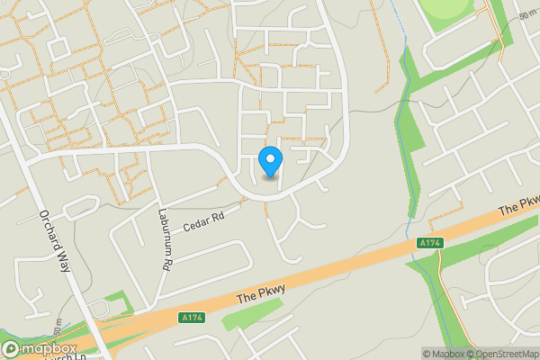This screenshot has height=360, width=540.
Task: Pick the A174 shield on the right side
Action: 430,243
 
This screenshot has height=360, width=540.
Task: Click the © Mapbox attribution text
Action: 443,354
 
